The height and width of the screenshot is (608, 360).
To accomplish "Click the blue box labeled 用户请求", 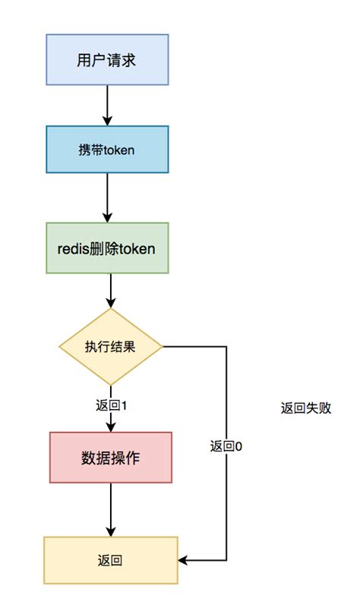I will [106, 59].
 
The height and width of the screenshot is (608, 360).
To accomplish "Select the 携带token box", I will [106, 150].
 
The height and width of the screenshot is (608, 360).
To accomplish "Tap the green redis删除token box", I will [107, 247].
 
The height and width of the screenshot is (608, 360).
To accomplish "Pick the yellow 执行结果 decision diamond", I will [111, 347].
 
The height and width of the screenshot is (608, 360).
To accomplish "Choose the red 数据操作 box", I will [111, 458].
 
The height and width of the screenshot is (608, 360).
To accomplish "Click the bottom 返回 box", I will [111, 561].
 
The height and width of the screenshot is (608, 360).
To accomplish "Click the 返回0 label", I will [226, 446].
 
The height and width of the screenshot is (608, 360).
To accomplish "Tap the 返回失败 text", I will [305, 408].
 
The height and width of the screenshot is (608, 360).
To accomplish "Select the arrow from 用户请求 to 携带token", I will [106, 105].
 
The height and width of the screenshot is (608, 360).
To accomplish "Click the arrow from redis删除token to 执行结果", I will [111, 291].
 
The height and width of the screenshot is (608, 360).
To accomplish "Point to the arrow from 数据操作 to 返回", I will [111, 509].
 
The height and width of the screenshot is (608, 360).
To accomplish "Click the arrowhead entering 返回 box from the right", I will [184, 561].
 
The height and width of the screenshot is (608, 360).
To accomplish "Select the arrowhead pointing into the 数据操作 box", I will [111, 427].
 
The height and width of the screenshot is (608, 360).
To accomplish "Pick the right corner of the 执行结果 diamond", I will [163, 347].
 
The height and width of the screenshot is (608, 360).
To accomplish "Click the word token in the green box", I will [140, 247].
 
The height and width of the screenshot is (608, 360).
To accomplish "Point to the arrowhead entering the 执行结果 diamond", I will [111, 303].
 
